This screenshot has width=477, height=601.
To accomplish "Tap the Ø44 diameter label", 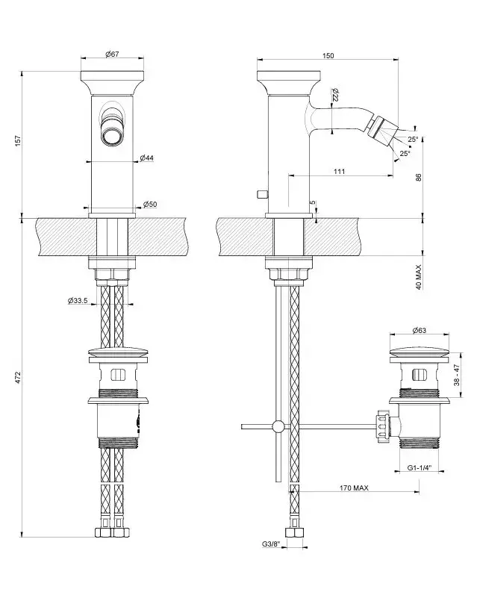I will point(147,158).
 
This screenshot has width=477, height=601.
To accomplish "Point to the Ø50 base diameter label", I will point(149,205).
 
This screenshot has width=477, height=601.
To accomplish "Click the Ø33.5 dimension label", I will point(78,301).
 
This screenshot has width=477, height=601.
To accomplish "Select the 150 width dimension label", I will point(328,55).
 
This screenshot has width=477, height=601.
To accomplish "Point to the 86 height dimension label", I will point(420,178).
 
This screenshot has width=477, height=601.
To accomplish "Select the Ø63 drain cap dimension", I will point(419,329).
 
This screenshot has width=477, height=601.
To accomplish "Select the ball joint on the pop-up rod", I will point(278,427).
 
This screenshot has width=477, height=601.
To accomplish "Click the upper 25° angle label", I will point(414,140).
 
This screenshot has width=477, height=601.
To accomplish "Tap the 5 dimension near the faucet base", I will point(314,203).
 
